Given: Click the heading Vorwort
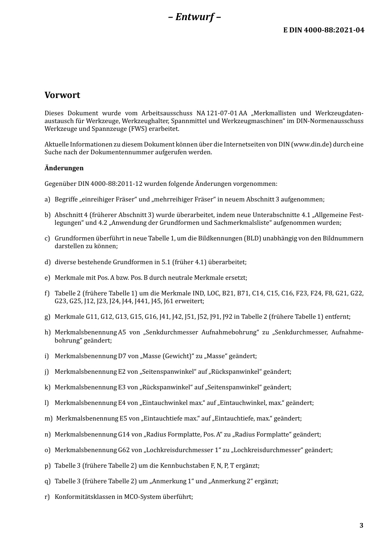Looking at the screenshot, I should pos(62,95).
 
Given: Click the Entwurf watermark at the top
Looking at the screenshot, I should pos(195,17).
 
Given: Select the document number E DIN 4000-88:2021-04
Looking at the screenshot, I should pos(323,30).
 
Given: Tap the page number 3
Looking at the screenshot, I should pos(361,526).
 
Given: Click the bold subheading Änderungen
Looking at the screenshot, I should pos(64,168).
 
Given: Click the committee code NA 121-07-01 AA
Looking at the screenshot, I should pos(222,113).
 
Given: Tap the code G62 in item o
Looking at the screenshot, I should pos(124,450).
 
